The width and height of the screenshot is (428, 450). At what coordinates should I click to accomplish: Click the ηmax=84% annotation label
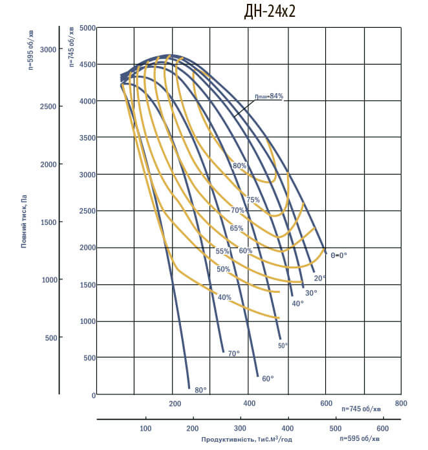click(x=268, y=96)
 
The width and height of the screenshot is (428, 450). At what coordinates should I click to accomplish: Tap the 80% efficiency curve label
click(x=239, y=166)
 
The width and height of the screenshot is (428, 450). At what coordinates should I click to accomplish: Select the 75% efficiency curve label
click(x=253, y=200)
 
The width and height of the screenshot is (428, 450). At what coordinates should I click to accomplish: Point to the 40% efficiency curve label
click(x=224, y=297)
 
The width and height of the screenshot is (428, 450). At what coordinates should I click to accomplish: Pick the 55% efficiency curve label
click(x=222, y=251)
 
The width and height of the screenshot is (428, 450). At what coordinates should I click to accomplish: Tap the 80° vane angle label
click(x=200, y=390)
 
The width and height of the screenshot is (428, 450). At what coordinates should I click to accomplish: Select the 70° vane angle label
click(x=234, y=353)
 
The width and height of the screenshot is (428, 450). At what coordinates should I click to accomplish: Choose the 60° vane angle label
click(x=268, y=378)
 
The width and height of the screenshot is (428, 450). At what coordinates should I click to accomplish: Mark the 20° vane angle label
click(x=320, y=278)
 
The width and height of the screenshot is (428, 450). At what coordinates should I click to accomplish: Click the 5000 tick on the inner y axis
click(x=87, y=28)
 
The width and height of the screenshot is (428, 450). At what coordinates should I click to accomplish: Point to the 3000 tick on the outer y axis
click(x=47, y=49)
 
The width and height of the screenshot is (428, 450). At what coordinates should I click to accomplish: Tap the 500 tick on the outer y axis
click(x=50, y=337)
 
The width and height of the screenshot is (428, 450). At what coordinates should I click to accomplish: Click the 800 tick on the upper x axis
click(x=401, y=404)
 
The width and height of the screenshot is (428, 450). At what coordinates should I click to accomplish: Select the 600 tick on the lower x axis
click(x=383, y=428)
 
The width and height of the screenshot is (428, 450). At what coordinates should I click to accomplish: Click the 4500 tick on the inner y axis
click(x=87, y=65)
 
